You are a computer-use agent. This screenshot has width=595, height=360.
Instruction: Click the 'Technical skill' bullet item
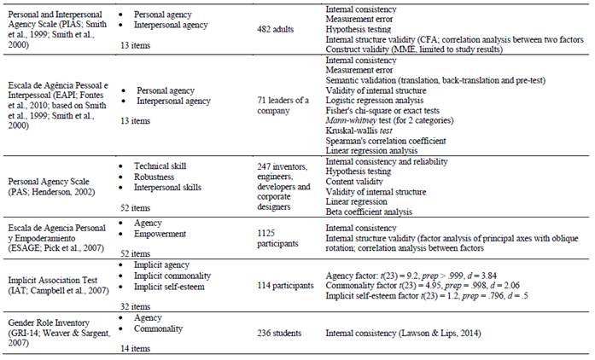(161, 165)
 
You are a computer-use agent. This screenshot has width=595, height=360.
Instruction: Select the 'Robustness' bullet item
(155, 176)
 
